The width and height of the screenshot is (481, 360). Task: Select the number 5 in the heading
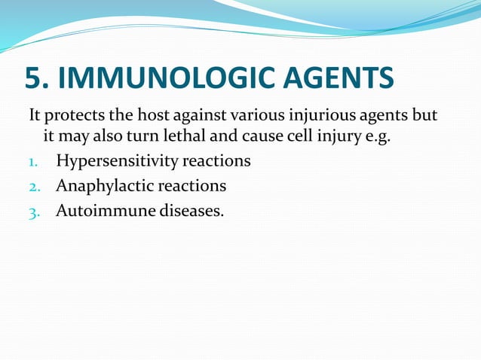click(33, 79)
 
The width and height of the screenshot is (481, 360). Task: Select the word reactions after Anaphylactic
click(191, 185)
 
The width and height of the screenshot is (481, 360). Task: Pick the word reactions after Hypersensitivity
click(219, 161)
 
